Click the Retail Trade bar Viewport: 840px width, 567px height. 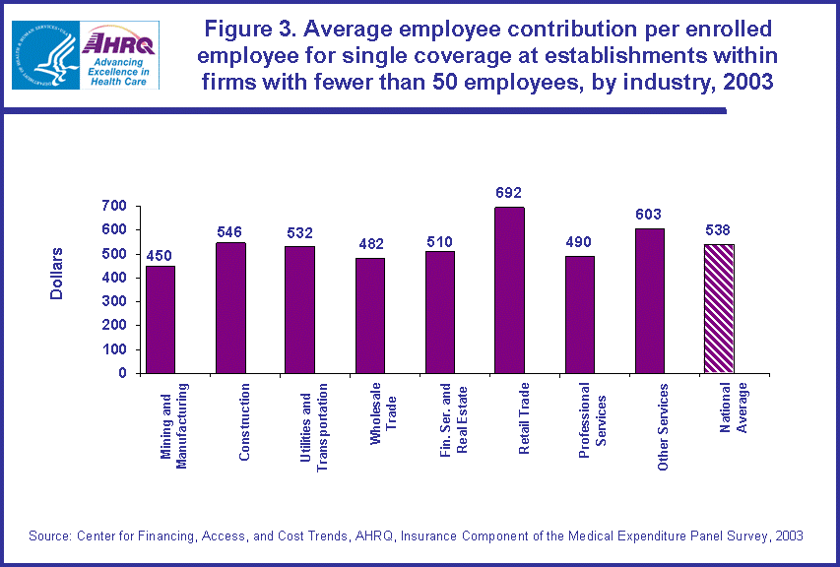[x=509, y=290]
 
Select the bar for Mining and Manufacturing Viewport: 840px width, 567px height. [x=161, y=320]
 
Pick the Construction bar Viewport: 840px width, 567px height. [x=230, y=308]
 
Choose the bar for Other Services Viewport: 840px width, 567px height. [x=649, y=301]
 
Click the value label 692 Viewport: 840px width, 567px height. [x=509, y=193]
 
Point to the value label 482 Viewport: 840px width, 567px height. [x=369, y=244]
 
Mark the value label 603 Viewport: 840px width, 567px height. [x=649, y=215]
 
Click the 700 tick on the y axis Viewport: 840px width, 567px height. [x=114, y=206]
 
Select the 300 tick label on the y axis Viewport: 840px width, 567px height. [x=114, y=301]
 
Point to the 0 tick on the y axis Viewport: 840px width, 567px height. [x=123, y=373]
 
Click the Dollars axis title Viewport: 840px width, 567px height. [x=57, y=273]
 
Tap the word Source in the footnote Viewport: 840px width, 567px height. [x=49, y=535]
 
